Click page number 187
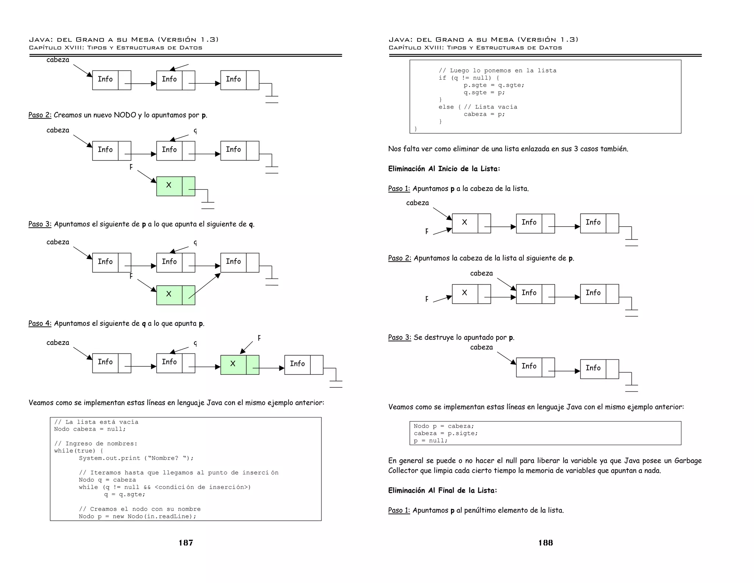pos(186,542)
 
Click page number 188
pos(546,542)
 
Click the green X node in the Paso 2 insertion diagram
pos(176,186)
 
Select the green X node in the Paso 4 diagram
pos(240,365)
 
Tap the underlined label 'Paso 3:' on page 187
pos(40,224)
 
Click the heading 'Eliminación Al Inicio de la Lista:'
pos(444,169)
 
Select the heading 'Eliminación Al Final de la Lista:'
pos(443,491)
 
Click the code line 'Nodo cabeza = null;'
pos(90,429)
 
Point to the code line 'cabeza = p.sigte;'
pos(445,433)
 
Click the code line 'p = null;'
pos(430,441)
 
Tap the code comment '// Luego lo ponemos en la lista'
pos(497,71)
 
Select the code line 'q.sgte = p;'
pos(484,92)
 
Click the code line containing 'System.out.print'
pos(136,458)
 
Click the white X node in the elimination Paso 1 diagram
pos(471,223)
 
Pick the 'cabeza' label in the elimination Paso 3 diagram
pos(481,347)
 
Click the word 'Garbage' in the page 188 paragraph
pos(688,461)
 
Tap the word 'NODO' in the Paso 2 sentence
pos(125,115)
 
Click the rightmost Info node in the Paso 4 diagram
pos(304,365)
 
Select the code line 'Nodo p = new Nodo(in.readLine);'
pos(137,516)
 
